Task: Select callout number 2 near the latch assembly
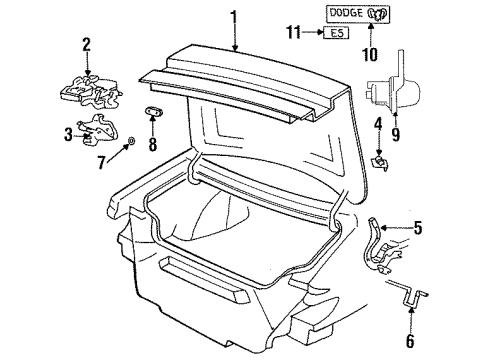(x=86, y=43)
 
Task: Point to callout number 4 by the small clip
(x=379, y=124)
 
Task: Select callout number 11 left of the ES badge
(x=291, y=33)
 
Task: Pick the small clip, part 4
(x=380, y=158)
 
